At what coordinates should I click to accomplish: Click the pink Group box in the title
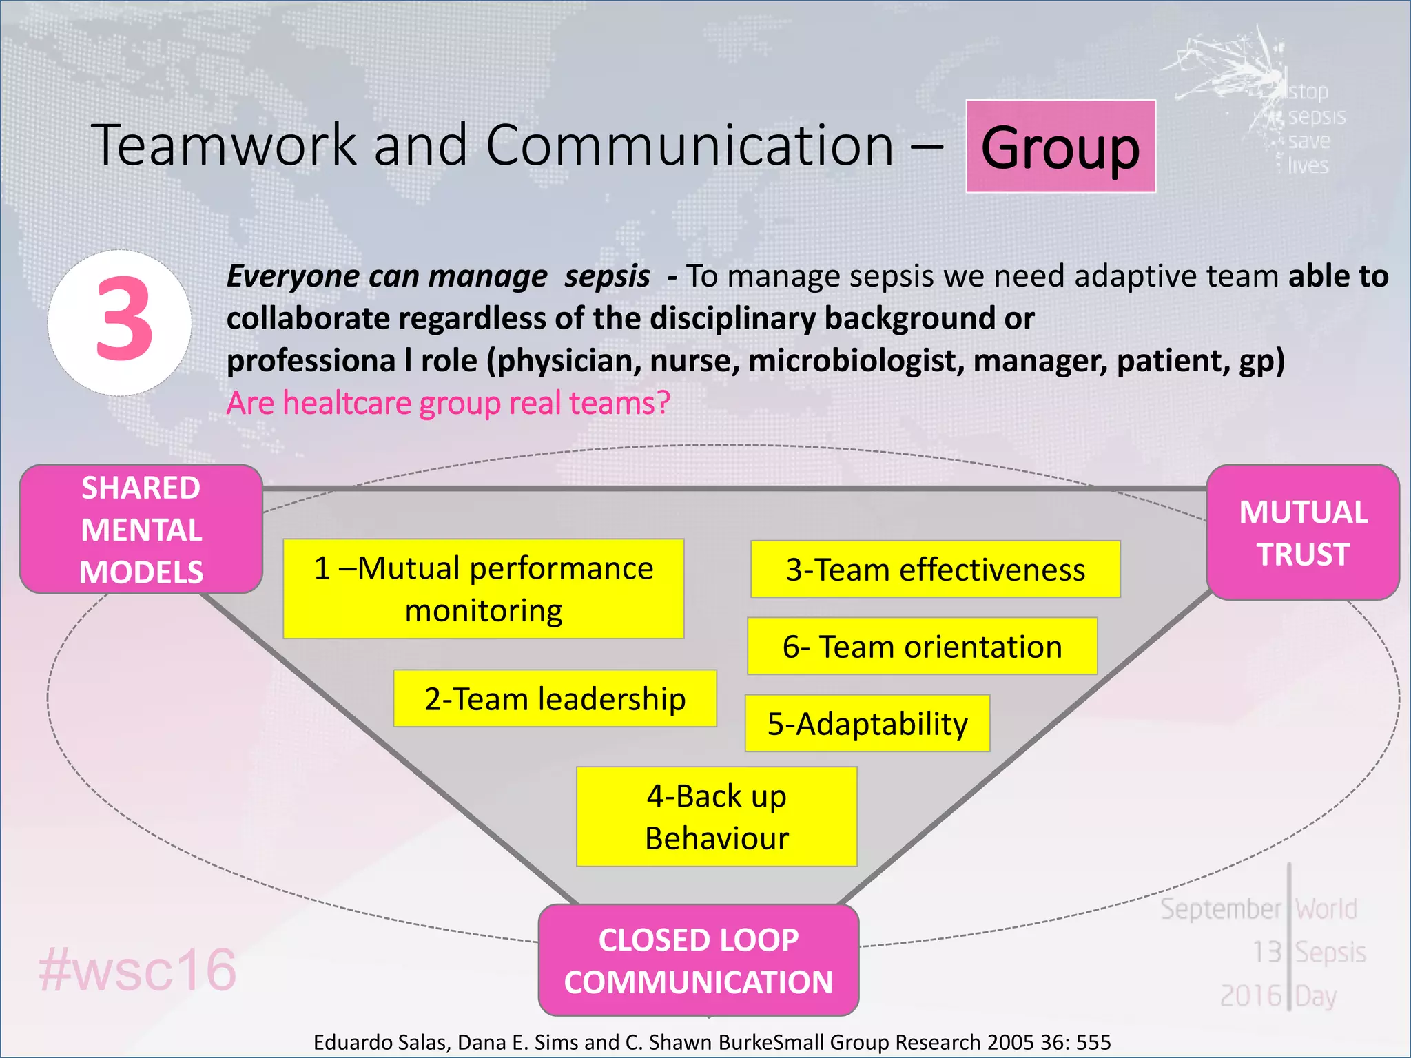click(x=1060, y=147)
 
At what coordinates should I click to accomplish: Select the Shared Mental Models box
click(x=141, y=529)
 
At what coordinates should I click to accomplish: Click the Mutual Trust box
click(x=1303, y=532)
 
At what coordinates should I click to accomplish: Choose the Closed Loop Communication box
click(x=699, y=960)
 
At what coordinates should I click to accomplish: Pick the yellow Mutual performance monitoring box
click(x=484, y=589)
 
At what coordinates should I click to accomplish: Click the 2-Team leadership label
click(x=555, y=698)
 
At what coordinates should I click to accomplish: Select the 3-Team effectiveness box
click(x=936, y=570)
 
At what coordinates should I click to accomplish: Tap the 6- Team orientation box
click(x=923, y=646)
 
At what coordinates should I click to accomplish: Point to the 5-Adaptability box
click(x=867, y=723)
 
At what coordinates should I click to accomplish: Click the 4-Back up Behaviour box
click(x=717, y=817)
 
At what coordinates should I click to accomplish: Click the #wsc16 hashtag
click(x=138, y=970)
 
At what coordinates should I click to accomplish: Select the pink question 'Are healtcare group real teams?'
click(x=449, y=403)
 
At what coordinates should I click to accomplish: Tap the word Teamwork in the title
click(x=224, y=145)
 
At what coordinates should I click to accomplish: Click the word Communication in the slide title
click(x=690, y=145)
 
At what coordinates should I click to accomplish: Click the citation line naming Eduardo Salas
click(x=712, y=1042)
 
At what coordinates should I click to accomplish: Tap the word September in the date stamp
click(x=1220, y=909)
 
